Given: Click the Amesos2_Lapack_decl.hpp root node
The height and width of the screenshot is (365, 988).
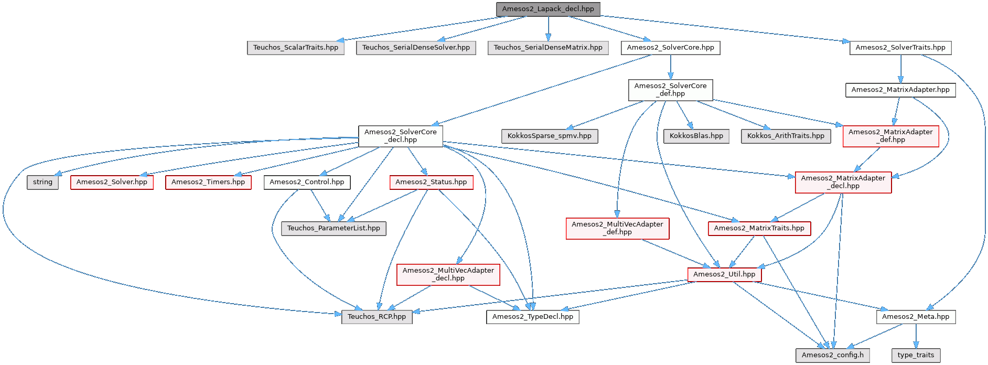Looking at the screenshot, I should (548, 9).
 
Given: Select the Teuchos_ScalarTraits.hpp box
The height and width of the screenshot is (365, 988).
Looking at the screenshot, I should (296, 48).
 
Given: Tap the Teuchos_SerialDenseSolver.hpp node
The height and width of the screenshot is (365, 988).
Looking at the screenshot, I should (416, 48).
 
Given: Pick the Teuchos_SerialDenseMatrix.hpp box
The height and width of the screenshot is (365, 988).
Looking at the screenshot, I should (548, 48).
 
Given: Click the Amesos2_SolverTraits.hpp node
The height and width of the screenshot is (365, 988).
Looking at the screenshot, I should (900, 48).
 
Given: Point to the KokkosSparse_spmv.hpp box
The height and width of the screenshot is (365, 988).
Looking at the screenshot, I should (550, 136).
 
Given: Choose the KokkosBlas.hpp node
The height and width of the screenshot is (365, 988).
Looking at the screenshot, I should (696, 136).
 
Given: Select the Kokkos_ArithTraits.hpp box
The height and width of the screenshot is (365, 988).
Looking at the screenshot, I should (786, 136).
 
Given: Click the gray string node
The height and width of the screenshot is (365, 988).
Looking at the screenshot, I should (42, 182).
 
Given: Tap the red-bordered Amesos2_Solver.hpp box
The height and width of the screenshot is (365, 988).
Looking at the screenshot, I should (112, 182).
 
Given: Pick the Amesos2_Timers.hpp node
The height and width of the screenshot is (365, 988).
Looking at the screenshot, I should (208, 182).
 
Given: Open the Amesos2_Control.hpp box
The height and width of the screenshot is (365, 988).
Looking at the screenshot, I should (307, 182).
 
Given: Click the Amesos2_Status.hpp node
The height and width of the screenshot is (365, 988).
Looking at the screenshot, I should (431, 182).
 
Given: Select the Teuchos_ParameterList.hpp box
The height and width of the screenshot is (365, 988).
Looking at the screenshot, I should (334, 228).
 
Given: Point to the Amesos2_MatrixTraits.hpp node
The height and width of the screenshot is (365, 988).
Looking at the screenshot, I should (759, 228).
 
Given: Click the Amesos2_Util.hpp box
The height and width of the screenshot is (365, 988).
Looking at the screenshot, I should (724, 274).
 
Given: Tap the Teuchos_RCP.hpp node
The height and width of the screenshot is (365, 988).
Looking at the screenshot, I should (377, 317).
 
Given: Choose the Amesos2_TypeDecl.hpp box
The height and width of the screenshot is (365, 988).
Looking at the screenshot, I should (533, 317).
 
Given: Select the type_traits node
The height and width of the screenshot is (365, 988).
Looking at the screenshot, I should (916, 355).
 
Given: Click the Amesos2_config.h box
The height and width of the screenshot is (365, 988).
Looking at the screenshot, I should (833, 355).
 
